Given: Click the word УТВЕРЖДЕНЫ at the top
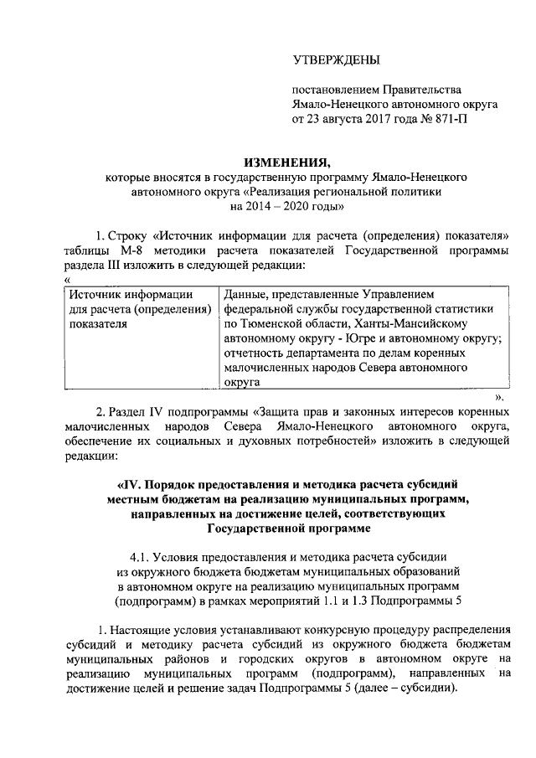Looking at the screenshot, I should (x=335, y=59).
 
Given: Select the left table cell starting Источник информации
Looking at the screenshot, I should (x=138, y=310).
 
